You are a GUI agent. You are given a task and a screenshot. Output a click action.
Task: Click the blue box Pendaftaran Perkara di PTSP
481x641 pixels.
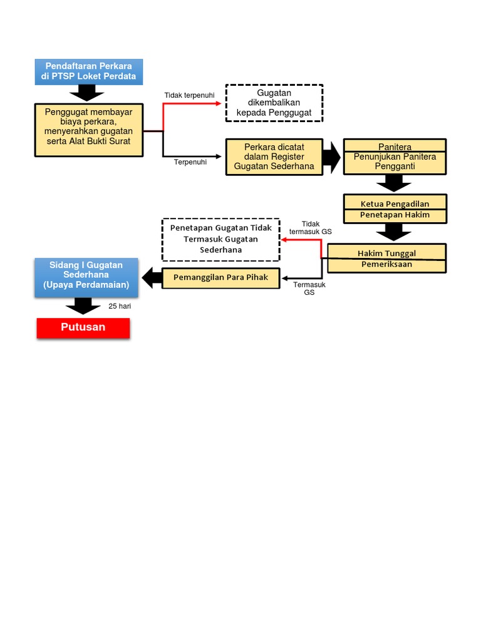pos(89,71)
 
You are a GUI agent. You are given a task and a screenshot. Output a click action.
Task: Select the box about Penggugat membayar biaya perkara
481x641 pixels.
pos(88,130)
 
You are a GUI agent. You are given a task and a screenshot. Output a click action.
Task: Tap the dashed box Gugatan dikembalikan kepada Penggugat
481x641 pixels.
pos(274,103)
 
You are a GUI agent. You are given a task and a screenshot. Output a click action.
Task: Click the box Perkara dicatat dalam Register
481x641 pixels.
pos(274,156)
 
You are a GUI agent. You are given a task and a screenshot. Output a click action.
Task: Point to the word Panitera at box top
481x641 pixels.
pos(395,147)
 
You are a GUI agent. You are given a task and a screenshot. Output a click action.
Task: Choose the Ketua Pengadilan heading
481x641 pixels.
pos(395,204)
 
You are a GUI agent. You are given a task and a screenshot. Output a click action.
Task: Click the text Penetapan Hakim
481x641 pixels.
pos(395,215)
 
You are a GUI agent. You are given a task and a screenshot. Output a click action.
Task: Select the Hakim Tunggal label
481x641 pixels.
pos(386,253)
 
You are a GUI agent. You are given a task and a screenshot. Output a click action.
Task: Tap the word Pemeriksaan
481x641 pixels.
pos(386,264)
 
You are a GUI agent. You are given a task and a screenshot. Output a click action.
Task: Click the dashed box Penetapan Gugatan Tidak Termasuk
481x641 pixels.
pos(220,239)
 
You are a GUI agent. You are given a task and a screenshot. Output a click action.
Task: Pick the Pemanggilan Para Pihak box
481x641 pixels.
pos(220,277)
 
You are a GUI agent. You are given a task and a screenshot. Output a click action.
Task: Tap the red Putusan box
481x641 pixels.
pos(83,327)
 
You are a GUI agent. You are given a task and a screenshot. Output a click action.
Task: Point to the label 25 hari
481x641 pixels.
pos(120,307)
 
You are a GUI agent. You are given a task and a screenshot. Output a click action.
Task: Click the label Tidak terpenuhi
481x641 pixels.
pos(189,95)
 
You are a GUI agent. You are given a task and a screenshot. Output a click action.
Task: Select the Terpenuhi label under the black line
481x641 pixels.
pos(190,162)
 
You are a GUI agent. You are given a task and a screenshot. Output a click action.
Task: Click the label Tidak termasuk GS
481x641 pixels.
pos(310,227)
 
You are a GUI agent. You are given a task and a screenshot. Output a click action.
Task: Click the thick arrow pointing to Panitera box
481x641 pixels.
pos(331,156)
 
